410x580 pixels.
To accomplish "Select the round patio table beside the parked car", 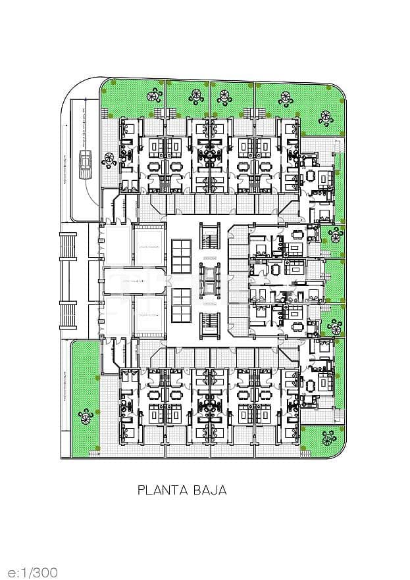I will (x=109, y=158).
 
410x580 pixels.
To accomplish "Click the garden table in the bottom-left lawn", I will (x=85, y=416).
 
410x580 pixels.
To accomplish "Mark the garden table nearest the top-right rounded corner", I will (x=326, y=118).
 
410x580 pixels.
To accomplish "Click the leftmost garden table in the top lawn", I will (x=156, y=96).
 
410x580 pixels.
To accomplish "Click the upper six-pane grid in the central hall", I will (x=181, y=256).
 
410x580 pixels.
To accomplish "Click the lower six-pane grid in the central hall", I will (x=181, y=305).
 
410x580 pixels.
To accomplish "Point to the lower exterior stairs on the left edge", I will (x=68, y=315).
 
